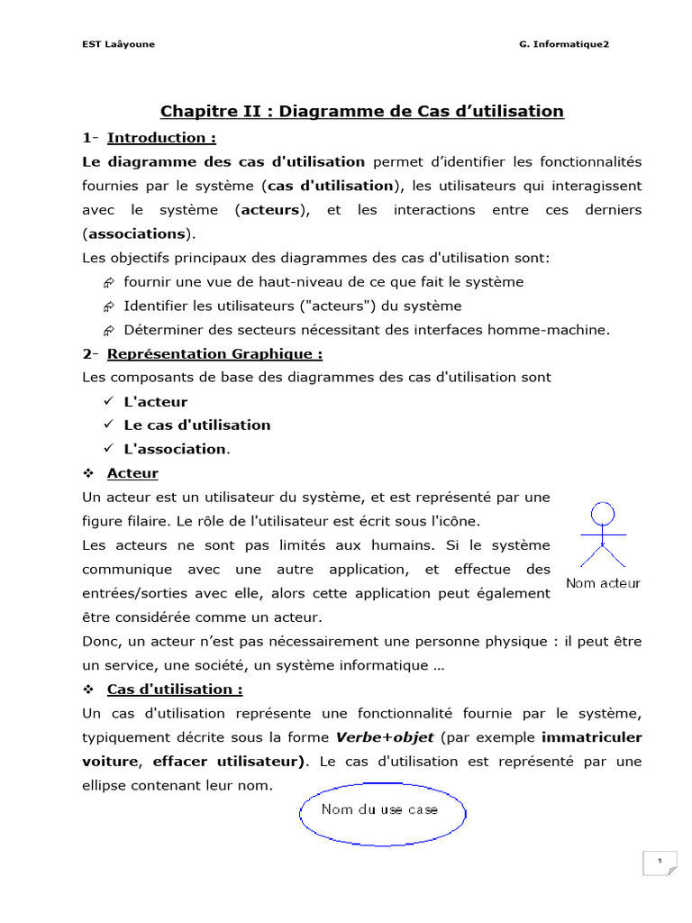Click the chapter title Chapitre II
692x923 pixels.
point(361,111)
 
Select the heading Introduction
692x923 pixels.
point(161,138)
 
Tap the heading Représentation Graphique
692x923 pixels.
point(214,354)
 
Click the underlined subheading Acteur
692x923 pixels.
point(132,473)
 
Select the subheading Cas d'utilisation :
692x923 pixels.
point(175,690)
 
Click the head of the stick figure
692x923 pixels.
point(601,515)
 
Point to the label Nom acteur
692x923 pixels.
point(603,583)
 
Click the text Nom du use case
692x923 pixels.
point(379,809)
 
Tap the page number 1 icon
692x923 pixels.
point(660,863)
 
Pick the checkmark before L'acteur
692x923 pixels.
point(106,401)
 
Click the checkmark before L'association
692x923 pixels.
point(106,448)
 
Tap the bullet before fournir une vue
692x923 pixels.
point(108,282)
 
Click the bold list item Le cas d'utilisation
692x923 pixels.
point(196,425)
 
